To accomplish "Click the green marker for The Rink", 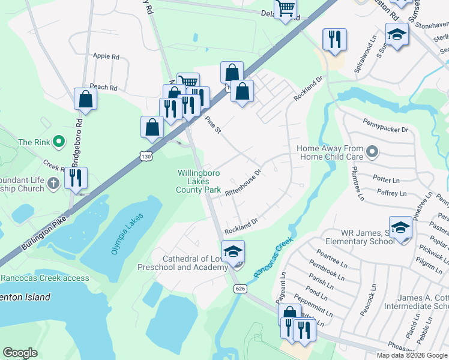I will (x=58, y=142).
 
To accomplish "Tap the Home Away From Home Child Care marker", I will (x=372, y=152).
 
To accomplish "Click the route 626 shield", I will (x=240, y=289).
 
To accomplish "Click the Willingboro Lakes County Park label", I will (x=199, y=181).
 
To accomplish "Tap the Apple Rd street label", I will (x=106, y=56).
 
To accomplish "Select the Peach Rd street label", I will (x=103, y=87).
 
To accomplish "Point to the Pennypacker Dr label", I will (x=385, y=129).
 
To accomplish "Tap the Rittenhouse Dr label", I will (x=243, y=183).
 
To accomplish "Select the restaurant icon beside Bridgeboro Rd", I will (x=76, y=178).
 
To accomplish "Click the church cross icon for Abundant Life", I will (x=53, y=182).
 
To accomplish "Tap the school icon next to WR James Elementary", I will (x=400, y=227).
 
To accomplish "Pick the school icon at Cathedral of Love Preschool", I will (x=234, y=252).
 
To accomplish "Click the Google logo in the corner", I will (x=20, y=353).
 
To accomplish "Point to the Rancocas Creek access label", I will (x=45, y=278).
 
